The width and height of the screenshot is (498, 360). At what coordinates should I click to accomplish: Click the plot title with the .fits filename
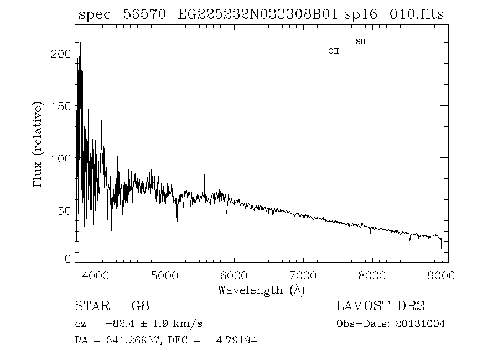(261, 15)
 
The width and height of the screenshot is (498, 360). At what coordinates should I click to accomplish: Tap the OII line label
(334, 51)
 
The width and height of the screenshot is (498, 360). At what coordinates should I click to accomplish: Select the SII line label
(361, 42)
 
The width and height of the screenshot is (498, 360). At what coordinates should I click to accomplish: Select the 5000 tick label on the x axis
(164, 275)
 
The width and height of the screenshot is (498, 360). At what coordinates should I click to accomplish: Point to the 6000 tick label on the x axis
(234, 275)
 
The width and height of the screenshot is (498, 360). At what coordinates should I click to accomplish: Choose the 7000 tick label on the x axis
(303, 275)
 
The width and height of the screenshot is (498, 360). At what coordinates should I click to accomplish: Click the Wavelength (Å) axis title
(261, 289)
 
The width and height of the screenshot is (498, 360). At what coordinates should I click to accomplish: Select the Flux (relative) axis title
(38, 143)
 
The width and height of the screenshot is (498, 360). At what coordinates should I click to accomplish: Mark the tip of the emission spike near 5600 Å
(205, 155)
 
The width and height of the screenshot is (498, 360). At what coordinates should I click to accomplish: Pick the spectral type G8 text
(139, 306)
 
